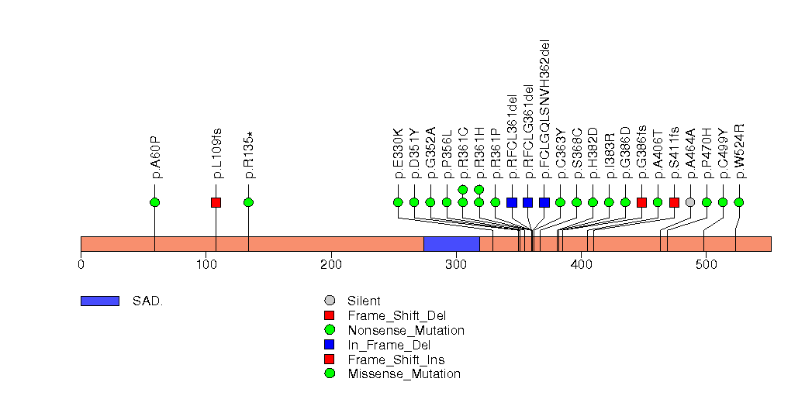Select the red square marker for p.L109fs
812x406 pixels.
click(216, 202)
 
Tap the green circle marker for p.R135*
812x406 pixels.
click(248, 202)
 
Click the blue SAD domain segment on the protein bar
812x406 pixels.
click(451, 244)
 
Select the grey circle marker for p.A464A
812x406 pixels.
click(690, 202)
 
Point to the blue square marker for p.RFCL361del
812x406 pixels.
click(512, 202)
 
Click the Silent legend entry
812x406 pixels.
click(365, 301)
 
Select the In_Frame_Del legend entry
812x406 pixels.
click(389, 345)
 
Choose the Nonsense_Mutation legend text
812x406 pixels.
click(406, 330)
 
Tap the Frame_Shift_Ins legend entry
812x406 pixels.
click(396, 360)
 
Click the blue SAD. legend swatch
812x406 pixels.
click(99, 301)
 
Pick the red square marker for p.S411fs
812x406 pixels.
click(674, 202)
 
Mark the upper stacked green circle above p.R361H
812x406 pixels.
click(479, 189)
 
